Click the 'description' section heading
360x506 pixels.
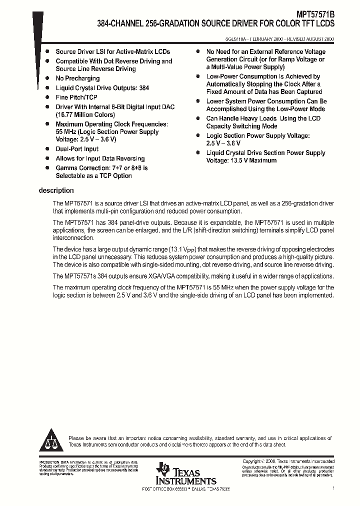click(x=56, y=190)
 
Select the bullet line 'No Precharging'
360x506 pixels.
click(x=77, y=78)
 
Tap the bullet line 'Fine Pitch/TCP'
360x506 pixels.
click(x=76, y=97)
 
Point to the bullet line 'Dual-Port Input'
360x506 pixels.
click(x=77, y=149)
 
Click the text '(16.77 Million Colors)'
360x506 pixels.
click(x=85, y=114)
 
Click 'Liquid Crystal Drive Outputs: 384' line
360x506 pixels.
click(x=102, y=88)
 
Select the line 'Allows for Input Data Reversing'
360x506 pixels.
click(x=100, y=158)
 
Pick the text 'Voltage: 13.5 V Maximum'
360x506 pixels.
click(x=241, y=160)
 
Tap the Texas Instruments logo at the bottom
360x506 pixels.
click(x=185, y=473)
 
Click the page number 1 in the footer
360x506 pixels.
click(x=333, y=488)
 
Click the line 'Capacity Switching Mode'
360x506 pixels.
click(x=241, y=126)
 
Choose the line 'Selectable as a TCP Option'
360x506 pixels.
click(x=93, y=175)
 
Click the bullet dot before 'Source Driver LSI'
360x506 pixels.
click(x=47, y=51)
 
